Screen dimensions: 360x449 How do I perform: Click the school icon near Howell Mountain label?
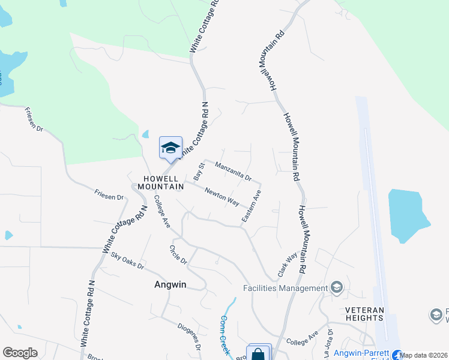tap(170, 148)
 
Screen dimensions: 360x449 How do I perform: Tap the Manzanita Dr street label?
tap(232, 172)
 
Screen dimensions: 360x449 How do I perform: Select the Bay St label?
tap(200, 171)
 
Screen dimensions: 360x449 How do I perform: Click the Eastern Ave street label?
tap(252, 206)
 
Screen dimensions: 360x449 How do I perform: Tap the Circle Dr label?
tap(178, 255)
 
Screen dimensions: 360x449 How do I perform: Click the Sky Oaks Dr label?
tap(127, 260)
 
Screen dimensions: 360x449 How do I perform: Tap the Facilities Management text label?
tap(285, 288)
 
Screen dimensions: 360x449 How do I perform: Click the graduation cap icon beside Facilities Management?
tap(336, 287)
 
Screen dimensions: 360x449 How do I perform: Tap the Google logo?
tap(20, 353)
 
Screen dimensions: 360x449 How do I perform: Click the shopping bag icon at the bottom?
tap(258, 353)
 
